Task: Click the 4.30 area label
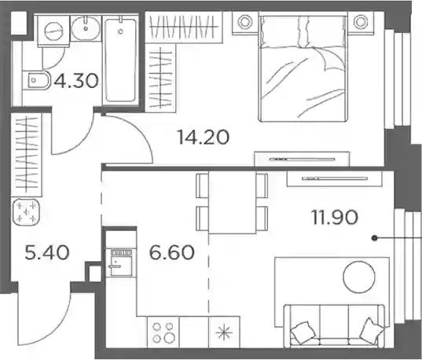76,80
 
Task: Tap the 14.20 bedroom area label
204,137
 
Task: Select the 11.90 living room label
335,217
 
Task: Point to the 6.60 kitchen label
171,252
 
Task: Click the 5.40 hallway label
47,252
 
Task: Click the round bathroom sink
86,28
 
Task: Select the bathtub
120,59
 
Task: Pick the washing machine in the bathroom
53,31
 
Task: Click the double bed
303,68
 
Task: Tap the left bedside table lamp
244,22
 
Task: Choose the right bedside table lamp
361,22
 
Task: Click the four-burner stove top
163,332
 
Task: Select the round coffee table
359,277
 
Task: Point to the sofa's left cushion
303,332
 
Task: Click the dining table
232,203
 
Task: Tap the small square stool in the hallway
26,212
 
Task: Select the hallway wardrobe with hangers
26,155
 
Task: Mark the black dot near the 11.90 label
374,238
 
